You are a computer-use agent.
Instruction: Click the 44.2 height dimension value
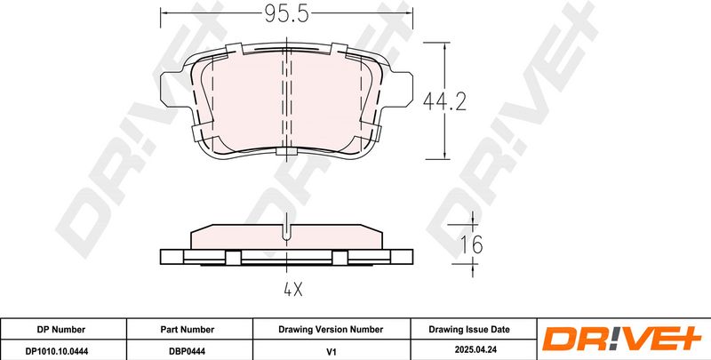coord(444,101)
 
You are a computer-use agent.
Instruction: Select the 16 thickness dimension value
coord(472,244)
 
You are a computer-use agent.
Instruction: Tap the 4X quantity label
coord(292,289)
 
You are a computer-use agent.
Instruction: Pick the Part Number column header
coord(188,330)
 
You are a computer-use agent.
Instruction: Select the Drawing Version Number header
coord(331,330)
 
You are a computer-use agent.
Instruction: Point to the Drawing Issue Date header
coord(469,330)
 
